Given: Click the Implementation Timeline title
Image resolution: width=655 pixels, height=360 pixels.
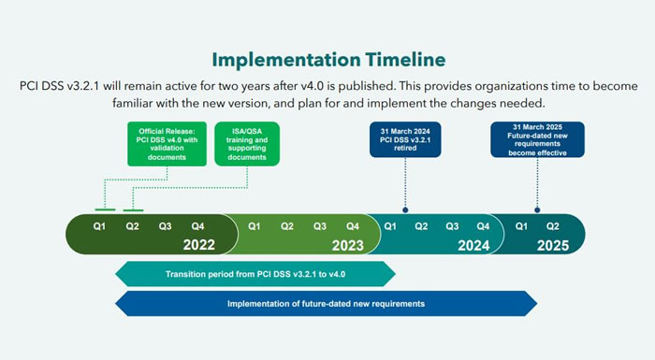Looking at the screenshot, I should click(x=327, y=60).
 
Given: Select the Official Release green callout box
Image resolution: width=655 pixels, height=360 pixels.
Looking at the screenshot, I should click(x=162, y=144).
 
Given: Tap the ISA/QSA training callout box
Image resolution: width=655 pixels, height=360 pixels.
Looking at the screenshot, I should click(x=247, y=144).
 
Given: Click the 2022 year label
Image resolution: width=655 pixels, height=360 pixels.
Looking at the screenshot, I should click(x=199, y=246).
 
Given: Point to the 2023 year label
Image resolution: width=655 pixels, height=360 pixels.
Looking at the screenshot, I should click(x=346, y=246).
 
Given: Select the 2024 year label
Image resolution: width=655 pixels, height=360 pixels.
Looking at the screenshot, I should click(x=474, y=246).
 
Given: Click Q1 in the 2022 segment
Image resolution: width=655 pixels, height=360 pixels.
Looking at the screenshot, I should click(x=99, y=225).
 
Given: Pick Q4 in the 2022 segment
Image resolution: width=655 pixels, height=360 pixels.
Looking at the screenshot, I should click(x=197, y=225).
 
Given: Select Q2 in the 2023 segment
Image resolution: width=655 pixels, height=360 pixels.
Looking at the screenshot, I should click(x=287, y=225).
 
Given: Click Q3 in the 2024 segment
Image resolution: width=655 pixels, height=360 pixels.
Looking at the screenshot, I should click(x=453, y=225).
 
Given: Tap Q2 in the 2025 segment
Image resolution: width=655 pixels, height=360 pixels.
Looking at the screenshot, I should click(x=553, y=225).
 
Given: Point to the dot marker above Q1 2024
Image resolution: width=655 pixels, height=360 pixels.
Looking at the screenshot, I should click(x=405, y=210).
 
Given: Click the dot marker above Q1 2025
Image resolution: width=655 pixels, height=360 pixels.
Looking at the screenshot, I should click(x=537, y=210).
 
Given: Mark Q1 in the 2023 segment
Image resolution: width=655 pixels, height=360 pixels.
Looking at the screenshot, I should click(x=255, y=225).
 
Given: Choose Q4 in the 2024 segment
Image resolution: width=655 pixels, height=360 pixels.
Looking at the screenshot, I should click(x=483, y=225).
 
